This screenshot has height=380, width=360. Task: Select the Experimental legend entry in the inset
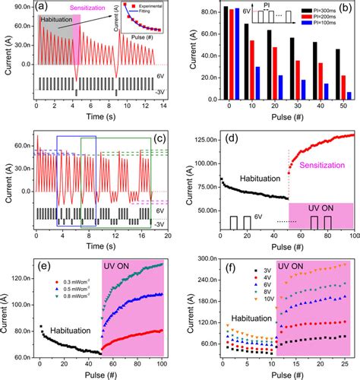148,14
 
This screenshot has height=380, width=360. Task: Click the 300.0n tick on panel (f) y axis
205,260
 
